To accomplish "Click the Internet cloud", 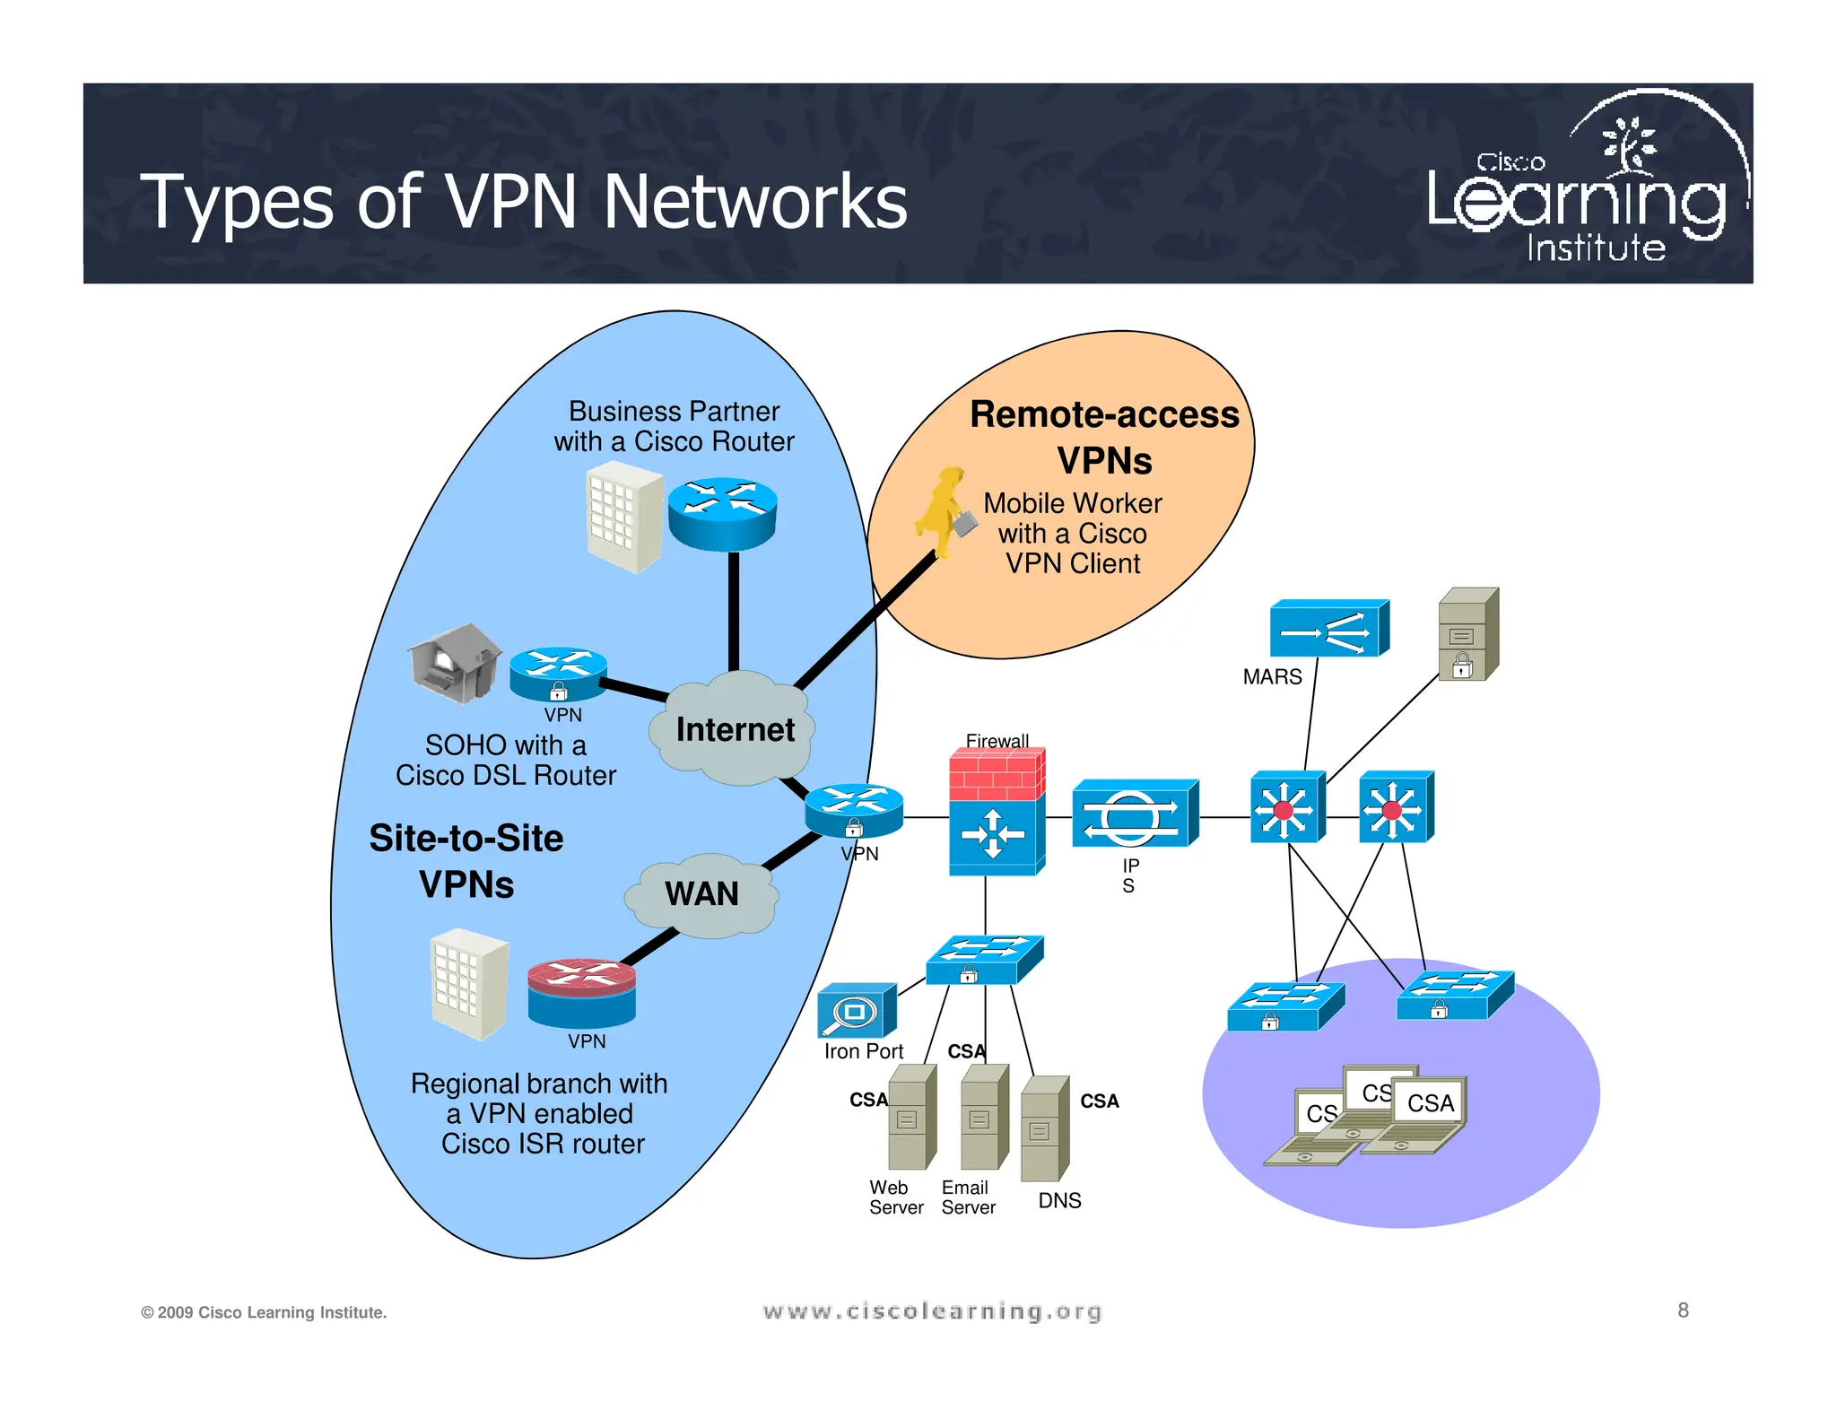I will click(734, 729).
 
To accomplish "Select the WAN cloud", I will click(701, 894).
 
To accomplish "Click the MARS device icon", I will click(1328, 629).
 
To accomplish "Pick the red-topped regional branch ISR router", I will click(581, 992).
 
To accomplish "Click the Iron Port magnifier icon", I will click(856, 1011).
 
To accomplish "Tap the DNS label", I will click(1059, 1200).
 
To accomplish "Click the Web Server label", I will click(895, 1197).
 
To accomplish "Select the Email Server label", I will click(968, 1197).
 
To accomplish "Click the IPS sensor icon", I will click(1134, 814).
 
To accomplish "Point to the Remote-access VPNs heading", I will click(1104, 437).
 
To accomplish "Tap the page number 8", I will click(1683, 1310).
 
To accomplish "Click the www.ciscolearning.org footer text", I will click(932, 1311).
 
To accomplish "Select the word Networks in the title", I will click(754, 202).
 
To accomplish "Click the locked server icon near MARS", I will click(1467, 634).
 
